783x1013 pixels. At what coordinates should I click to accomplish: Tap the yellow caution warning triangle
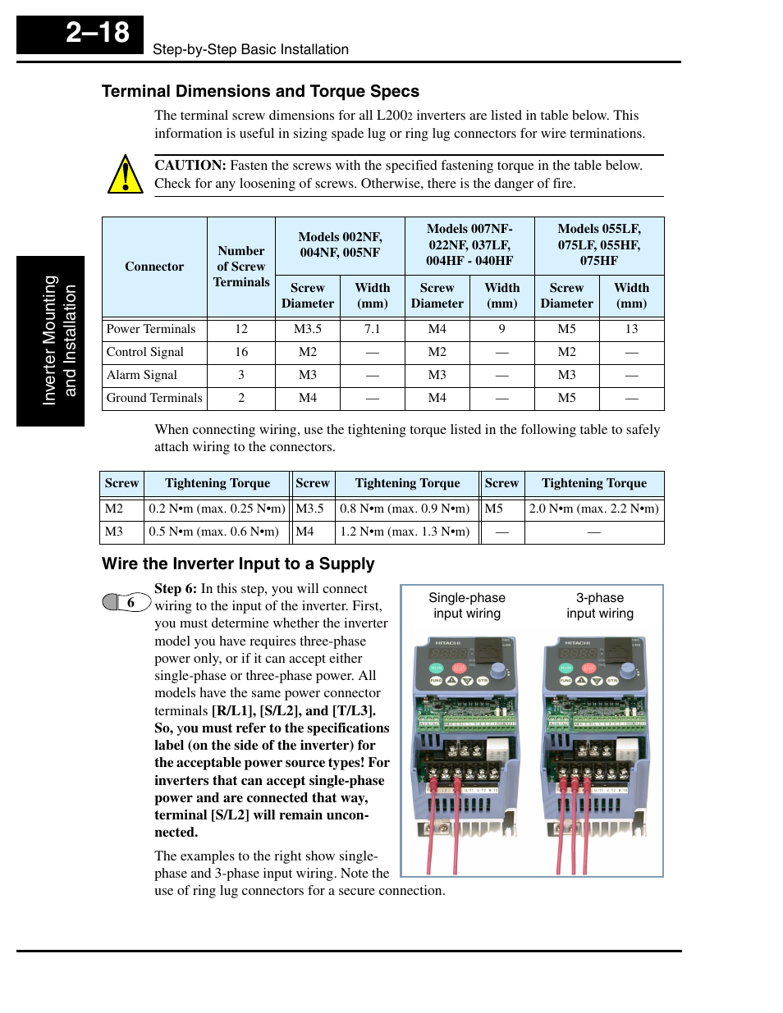click(125, 175)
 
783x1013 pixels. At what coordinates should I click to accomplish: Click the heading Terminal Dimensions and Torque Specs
click(260, 91)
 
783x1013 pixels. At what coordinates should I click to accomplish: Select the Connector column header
click(154, 267)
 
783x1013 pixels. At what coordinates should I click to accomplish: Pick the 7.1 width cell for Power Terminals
click(372, 329)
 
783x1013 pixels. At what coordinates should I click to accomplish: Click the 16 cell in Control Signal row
click(241, 352)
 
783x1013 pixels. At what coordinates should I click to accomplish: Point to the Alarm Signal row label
click(142, 375)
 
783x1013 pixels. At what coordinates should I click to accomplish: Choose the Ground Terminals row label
click(153, 398)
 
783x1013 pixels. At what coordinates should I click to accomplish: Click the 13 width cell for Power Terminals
click(631, 329)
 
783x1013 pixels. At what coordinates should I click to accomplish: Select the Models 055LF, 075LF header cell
click(599, 244)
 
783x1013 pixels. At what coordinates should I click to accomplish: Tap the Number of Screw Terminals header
click(241, 267)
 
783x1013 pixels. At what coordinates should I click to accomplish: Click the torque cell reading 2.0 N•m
click(593, 509)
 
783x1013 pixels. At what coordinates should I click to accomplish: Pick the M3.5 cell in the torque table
click(310, 509)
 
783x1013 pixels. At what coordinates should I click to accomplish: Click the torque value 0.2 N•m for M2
click(217, 509)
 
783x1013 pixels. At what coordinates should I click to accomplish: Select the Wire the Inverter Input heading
click(238, 564)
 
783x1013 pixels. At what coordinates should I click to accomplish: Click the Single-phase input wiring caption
click(467, 605)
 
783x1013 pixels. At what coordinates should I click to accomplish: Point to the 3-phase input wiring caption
click(600, 605)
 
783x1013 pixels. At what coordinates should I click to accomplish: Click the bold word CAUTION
click(190, 165)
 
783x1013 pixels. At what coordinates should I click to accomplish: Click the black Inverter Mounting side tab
click(51, 340)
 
